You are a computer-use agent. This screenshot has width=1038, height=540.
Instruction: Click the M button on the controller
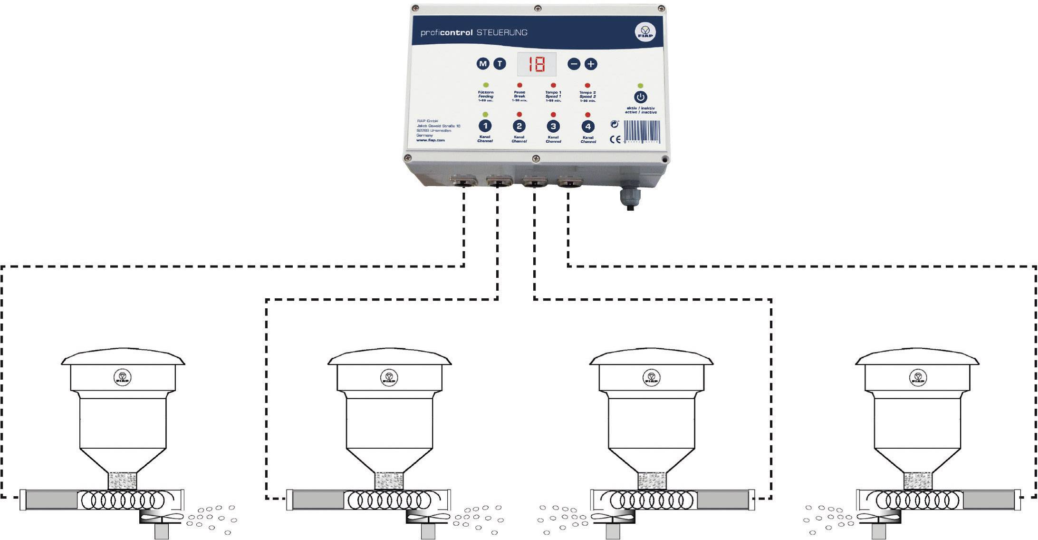pyautogui.click(x=483, y=64)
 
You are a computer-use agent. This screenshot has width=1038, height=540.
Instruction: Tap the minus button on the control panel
pyautogui.click(x=574, y=64)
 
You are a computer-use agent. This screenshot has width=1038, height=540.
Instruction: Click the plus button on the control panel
pyautogui.click(x=590, y=64)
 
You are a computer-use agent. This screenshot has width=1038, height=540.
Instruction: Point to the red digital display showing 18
pyautogui.click(x=537, y=64)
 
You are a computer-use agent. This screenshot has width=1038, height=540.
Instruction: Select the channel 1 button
pyautogui.click(x=485, y=126)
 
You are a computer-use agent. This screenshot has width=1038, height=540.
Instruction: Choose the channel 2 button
pyautogui.click(x=519, y=126)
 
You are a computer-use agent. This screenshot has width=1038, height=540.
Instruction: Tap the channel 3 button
pyautogui.click(x=553, y=126)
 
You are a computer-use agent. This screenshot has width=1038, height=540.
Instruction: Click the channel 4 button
pyautogui.click(x=588, y=127)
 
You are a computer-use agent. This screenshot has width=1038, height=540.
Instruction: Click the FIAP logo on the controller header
pyautogui.click(x=645, y=32)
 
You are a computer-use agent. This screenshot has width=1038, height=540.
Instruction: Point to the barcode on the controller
pyautogui.click(x=641, y=131)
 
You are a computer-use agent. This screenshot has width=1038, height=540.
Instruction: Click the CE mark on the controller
pyautogui.click(x=615, y=139)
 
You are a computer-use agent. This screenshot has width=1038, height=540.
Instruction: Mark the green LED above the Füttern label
pyautogui.click(x=486, y=85)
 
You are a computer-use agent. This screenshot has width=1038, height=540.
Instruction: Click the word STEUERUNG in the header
pyautogui.click(x=502, y=32)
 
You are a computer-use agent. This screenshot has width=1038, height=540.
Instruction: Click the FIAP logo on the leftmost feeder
pyautogui.click(x=123, y=378)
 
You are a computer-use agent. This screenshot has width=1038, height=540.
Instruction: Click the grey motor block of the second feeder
pyautogui.click(x=317, y=500)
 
